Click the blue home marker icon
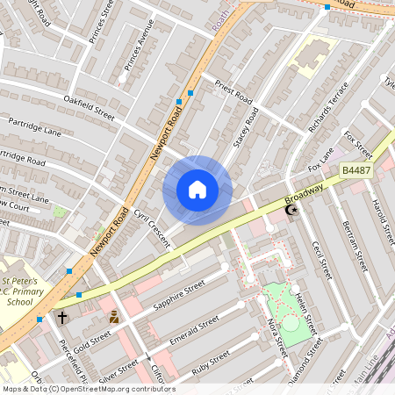click(x=197, y=190)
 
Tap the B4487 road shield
click(x=356, y=169)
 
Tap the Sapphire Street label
click(x=178, y=297)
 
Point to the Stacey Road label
click(x=246, y=129)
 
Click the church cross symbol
click(x=62, y=316)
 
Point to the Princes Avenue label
click(x=139, y=52)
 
